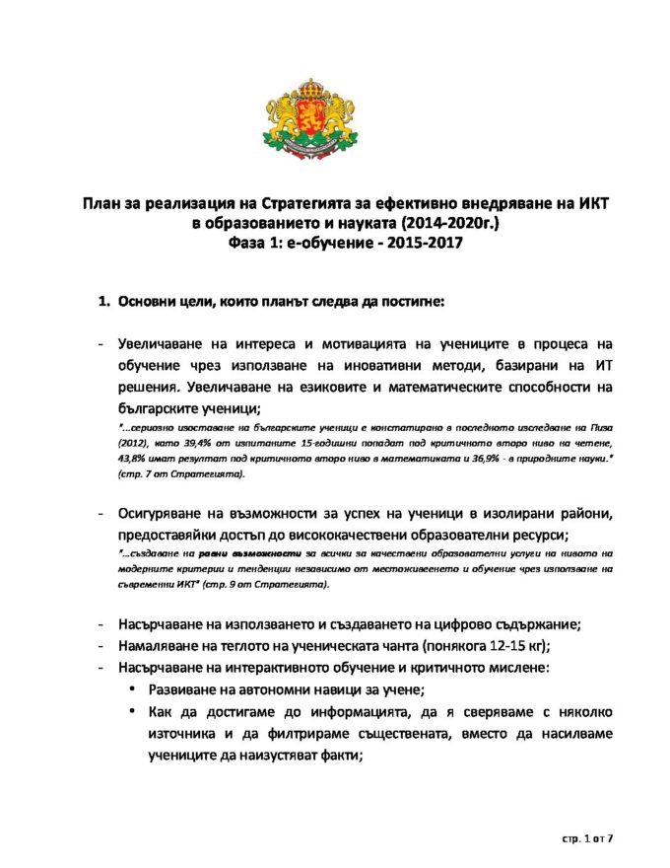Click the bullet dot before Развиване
pos(132,687)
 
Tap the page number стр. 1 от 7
pos(588,837)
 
